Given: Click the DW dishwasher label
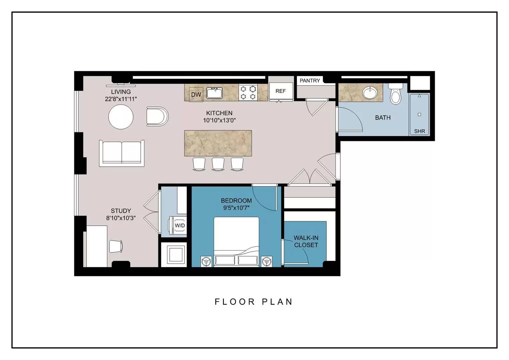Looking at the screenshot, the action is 196,95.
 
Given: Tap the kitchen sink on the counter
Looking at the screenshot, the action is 214,93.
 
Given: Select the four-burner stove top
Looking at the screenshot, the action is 248,93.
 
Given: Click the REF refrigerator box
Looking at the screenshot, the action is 281,92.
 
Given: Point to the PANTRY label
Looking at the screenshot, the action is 310,80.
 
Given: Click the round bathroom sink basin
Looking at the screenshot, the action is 370,93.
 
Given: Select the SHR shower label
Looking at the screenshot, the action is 419,131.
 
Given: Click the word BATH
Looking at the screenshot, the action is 383,117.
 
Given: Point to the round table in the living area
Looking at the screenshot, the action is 121,117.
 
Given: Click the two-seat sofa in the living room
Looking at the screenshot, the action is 122,153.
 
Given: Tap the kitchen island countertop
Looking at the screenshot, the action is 218,143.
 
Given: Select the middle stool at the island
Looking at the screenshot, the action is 218,164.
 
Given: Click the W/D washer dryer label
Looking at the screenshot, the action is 180,225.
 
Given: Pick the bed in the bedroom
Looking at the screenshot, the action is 236,242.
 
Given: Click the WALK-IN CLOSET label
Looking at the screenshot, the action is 306,241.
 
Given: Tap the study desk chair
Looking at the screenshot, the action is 116,246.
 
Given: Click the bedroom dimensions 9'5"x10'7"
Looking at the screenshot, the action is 236,208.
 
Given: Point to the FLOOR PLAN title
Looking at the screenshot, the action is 254,302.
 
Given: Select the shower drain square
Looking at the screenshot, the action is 419,114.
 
